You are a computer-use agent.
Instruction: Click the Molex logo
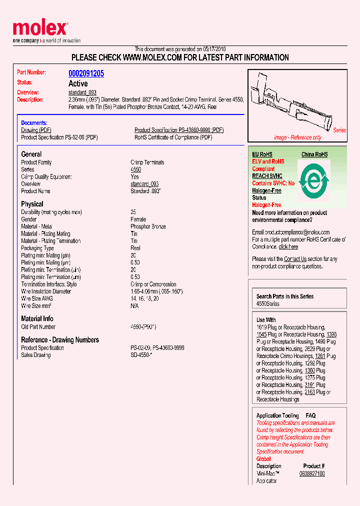[x=40, y=29]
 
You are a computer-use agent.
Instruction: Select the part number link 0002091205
[x=86, y=73]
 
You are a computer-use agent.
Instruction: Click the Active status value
[x=78, y=83]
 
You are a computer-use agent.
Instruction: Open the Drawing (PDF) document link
[x=36, y=130]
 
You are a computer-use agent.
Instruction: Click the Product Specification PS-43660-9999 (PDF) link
[x=179, y=130]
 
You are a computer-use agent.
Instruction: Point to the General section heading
[x=31, y=154]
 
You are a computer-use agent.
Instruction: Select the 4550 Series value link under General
[x=135, y=169]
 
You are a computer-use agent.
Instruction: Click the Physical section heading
[x=32, y=204]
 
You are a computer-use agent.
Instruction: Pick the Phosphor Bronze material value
[x=148, y=226]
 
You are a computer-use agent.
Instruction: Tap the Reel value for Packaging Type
[x=135, y=248]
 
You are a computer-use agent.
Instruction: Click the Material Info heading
[x=37, y=318]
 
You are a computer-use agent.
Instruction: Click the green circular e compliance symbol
[x=313, y=178]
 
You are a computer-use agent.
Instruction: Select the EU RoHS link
[x=262, y=154]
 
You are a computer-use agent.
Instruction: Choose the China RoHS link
[x=314, y=154]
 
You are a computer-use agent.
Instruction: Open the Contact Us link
[x=295, y=259]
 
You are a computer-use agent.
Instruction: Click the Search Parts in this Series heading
[x=285, y=296]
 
